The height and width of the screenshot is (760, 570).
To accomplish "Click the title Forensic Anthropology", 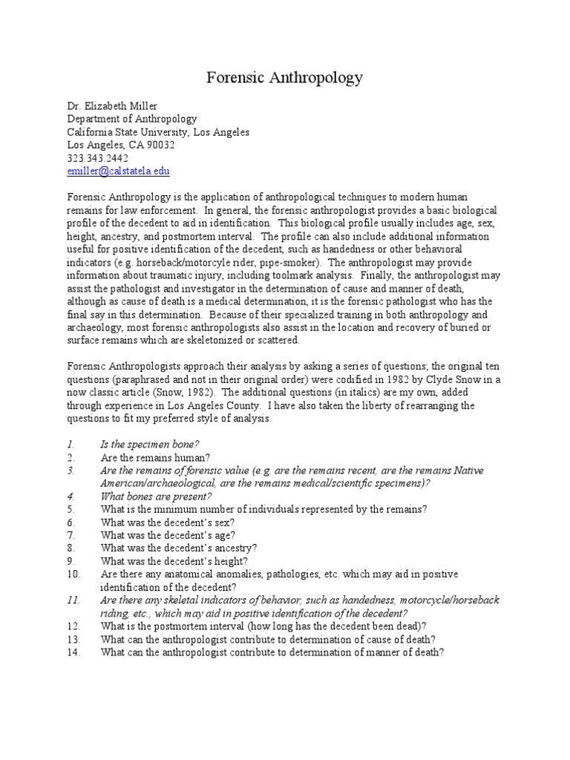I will pyautogui.click(x=284, y=77).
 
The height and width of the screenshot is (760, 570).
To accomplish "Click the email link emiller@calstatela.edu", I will pyautogui.click(x=119, y=171).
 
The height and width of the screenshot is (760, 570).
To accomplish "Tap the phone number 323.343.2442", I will pyautogui.click(x=97, y=158).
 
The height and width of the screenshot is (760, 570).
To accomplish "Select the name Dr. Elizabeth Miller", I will pyautogui.click(x=112, y=105).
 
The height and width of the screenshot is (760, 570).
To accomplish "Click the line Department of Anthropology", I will pyautogui.click(x=132, y=119).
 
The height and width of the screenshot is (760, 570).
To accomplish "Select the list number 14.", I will pyautogui.click(x=73, y=652).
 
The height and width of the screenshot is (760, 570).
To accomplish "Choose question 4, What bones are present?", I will pyautogui.click(x=157, y=496).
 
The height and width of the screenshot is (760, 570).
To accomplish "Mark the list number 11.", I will pyautogui.click(x=73, y=600).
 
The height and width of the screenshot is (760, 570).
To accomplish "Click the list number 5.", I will pyautogui.click(x=71, y=509).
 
